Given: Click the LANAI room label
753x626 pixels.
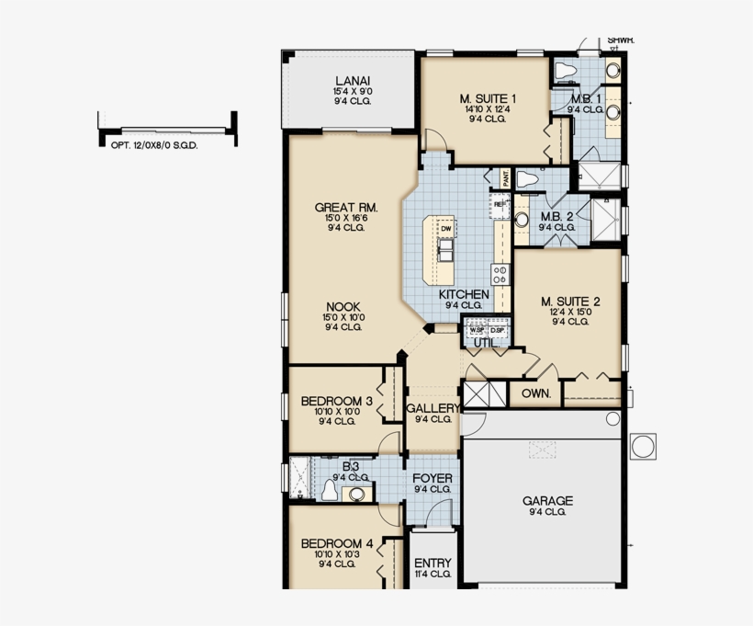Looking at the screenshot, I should [353, 80].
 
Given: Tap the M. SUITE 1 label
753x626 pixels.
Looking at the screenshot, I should [488, 98].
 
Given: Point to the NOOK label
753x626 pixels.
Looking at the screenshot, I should [341, 306].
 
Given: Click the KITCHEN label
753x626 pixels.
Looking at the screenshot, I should [464, 294].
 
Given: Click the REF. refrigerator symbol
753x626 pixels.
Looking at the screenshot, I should [500, 204].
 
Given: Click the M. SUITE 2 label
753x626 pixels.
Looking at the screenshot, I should [570, 301].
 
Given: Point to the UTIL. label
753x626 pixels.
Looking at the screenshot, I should [485, 343].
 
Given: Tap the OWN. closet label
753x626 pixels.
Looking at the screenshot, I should [535, 393].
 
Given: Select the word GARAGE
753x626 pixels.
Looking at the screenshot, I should [547, 501].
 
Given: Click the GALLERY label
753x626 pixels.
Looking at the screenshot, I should [433, 408].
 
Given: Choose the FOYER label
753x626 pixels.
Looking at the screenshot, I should [432, 479].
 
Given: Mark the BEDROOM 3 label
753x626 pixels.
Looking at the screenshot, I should [336, 401].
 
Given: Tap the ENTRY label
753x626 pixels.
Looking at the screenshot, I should [433, 563].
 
